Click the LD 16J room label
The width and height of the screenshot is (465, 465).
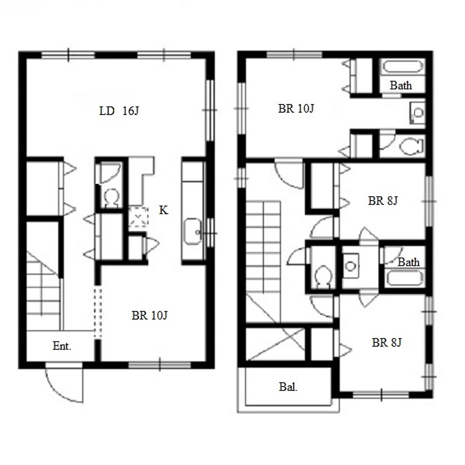[x=119, y=111]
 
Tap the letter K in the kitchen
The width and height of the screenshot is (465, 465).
[x=163, y=210]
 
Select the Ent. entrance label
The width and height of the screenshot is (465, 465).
[x=62, y=346]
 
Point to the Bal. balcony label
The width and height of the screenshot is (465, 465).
[x=288, y=387]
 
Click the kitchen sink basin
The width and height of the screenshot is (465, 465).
[x=193, y=232]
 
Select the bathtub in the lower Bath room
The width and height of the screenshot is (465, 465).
[x=405, y=278]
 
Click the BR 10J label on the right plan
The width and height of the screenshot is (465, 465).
[x=296, y=109]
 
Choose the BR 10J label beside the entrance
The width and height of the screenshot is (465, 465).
[x=149, y=315]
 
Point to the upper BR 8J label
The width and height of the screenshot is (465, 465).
[x=382, y=201]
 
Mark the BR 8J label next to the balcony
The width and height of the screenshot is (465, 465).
[x=386, y=342]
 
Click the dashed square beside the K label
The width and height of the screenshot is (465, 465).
[x=138, y=217]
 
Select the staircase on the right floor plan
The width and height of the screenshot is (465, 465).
[x=263, y=261]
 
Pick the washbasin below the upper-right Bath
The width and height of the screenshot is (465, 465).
[x=418, y=113]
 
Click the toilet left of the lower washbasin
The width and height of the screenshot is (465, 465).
[x=323, y=276]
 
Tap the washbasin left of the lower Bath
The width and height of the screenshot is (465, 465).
[x=351, y=266]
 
